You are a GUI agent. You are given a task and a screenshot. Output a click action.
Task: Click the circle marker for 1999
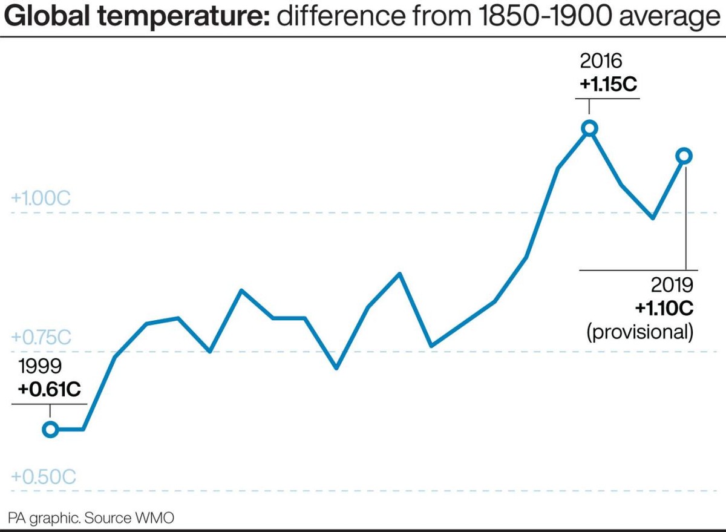[50, 429]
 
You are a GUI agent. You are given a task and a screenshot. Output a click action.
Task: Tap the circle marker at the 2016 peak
[589, 128]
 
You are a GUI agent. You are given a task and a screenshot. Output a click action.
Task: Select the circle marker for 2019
[684, 156]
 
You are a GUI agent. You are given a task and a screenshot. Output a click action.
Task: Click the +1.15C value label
[608, 84]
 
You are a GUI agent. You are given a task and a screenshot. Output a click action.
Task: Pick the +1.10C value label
[663, 308]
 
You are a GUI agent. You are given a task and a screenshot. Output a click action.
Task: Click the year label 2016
[600, 61]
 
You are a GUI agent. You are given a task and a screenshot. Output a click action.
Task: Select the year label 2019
[672, 285]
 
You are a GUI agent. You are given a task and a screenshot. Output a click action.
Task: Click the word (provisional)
[639, 331]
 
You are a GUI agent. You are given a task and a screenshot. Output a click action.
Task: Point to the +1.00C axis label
[41, 199]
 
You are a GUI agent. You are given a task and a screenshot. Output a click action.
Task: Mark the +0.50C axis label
[43, 477]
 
